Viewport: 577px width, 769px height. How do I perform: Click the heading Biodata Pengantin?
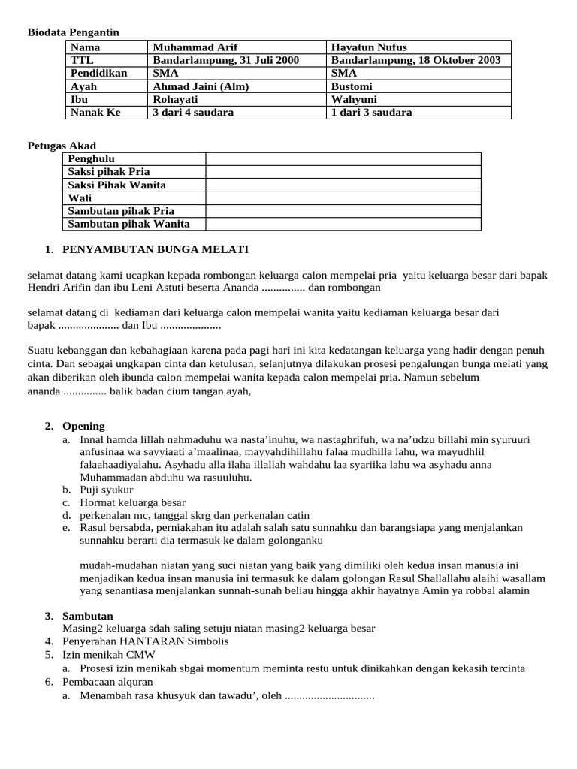[74, 32]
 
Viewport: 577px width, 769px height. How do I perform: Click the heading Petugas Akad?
[62, 146]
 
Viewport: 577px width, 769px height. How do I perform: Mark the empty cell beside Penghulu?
[343, 159]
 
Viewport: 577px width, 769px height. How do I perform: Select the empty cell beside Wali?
[343, 198]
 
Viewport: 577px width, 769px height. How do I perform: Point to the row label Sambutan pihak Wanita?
[128, 224]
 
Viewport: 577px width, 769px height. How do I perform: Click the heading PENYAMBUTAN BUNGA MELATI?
[156, 249]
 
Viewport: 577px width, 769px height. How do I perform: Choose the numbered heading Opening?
[83, 426]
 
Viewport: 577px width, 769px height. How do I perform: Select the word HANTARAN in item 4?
[148, 641]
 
